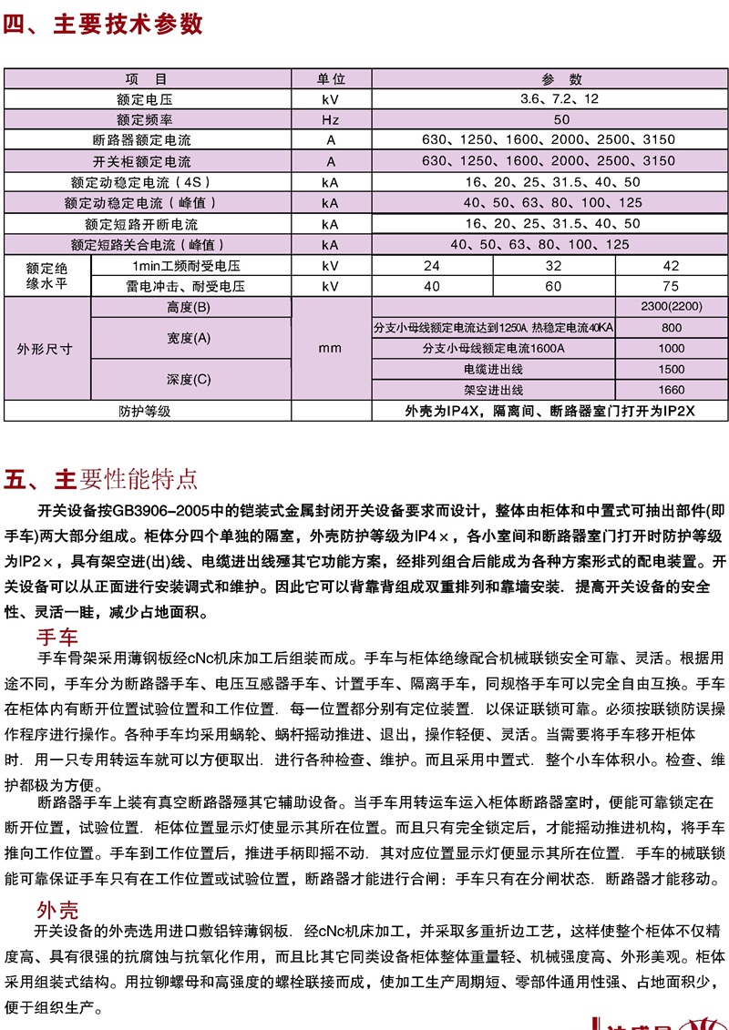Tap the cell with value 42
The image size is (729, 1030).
[x=671, y=266]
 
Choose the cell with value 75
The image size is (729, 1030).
[x=671, y=286]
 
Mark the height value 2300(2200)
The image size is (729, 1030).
[x=671, y=307]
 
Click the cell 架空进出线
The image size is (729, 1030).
[x=494, y=391]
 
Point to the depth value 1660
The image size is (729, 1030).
[x=671, y=391]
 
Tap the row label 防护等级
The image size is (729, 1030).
[x=146, y=412]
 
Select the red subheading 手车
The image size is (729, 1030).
[x=56, y=636]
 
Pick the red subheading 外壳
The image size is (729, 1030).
[x=56, y=910]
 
